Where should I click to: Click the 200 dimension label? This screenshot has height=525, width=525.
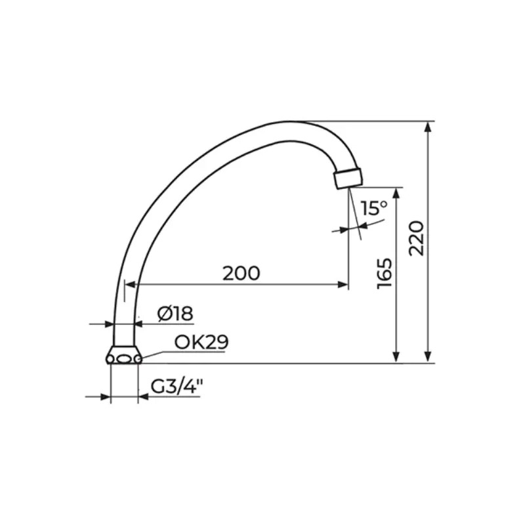tap(241, 273)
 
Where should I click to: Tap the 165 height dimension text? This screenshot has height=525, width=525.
tap(385, 274)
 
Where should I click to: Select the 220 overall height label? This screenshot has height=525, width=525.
tap(417, 238)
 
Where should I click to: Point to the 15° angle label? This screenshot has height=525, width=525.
tap(374, 208)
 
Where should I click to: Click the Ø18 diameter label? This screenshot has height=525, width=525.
tap(175, 314)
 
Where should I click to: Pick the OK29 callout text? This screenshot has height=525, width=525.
tap(201, 342)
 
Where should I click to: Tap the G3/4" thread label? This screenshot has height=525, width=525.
tap(177, 387)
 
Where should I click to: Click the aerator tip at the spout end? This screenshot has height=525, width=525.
tap(348, 178)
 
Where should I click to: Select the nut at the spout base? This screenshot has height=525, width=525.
tap(124, 355)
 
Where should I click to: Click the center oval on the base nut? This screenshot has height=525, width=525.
tap(124, 359)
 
